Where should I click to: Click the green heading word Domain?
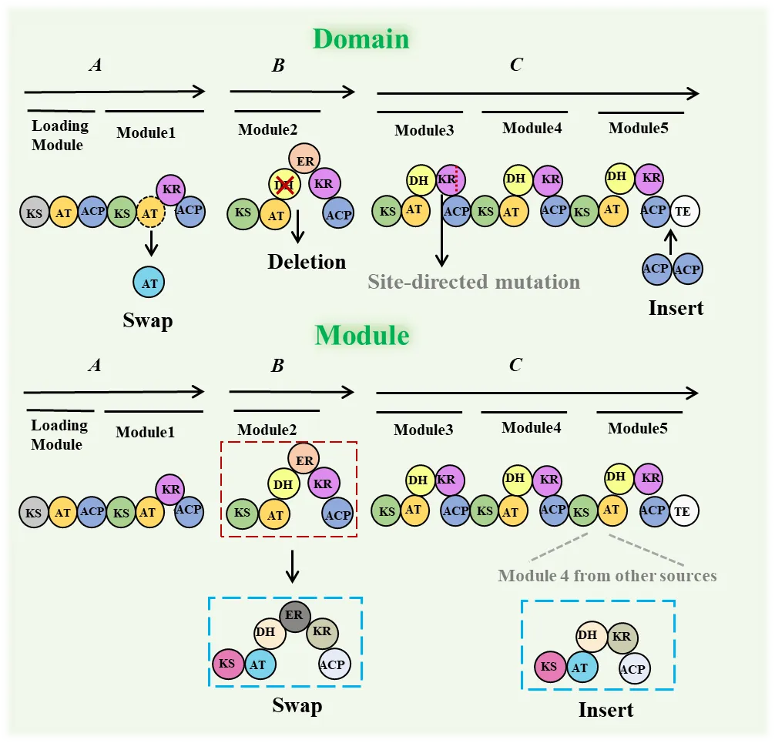pos(361,38)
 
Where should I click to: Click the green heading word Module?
pos(361,336)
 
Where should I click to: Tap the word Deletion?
pos(307,262)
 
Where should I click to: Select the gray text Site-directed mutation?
pos(473,281)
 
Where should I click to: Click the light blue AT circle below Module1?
pos(149,283)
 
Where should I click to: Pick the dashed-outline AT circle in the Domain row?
pos(151,213)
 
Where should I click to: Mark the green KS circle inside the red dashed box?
pos(243,512)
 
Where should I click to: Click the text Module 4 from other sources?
pos(607,575)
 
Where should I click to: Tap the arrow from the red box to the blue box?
pos(291,568)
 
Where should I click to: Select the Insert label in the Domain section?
pos(676,308)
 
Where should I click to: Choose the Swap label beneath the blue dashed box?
pos(297,705)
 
